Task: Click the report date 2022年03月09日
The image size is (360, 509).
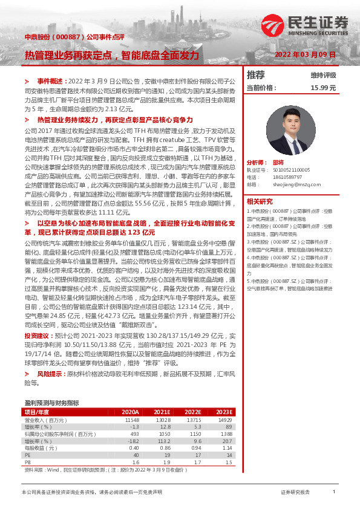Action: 305,54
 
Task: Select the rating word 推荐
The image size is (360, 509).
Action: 257,75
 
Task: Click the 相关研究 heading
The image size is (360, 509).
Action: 260,201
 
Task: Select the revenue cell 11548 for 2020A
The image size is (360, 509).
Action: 132,420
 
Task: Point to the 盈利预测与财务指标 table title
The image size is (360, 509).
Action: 51,402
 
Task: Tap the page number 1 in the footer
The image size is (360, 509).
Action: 334,493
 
